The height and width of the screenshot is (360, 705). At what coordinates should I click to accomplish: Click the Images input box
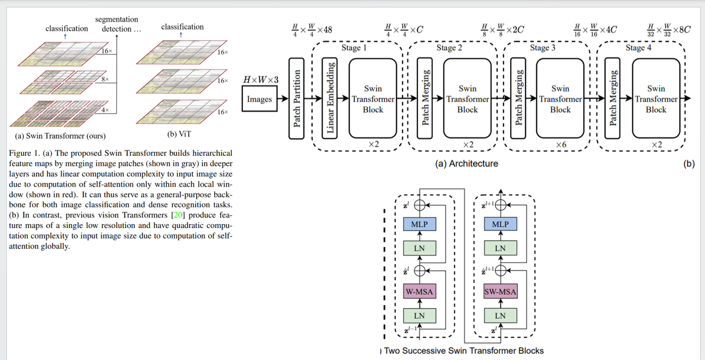pos(259,99)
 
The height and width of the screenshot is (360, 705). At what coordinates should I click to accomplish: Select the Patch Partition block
pos(297,99)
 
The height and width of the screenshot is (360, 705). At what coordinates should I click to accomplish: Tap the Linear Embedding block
pos(331,99)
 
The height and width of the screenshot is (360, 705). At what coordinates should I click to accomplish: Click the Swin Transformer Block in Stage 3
pos(560,99)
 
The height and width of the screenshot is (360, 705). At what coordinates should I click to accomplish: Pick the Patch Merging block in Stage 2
pos(425,99)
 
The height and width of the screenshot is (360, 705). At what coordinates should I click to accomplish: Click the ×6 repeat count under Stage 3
pos(561,144)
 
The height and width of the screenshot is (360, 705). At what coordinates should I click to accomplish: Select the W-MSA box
pos(419,292)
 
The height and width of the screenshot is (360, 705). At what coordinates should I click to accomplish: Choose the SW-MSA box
pos(500,292)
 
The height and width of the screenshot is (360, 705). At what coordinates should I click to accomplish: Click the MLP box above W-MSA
pos(419,224)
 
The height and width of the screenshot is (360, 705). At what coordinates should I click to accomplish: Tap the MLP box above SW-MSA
pos(500,224)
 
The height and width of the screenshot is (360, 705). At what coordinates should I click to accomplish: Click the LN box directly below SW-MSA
pos(500,316)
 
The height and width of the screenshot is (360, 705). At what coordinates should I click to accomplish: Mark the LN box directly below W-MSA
pos(419,316)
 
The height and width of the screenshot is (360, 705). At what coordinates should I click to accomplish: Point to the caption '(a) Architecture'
pos(466,164)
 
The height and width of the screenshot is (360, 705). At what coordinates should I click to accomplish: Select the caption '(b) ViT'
pos(179,135)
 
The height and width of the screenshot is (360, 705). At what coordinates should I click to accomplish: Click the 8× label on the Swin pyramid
pos(105,79)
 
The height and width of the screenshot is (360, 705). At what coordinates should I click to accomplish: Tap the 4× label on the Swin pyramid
pos(105,110)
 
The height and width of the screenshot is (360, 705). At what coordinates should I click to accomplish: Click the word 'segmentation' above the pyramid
pos(116,20)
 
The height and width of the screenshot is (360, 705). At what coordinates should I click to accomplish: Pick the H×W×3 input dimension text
pos(260,80)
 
